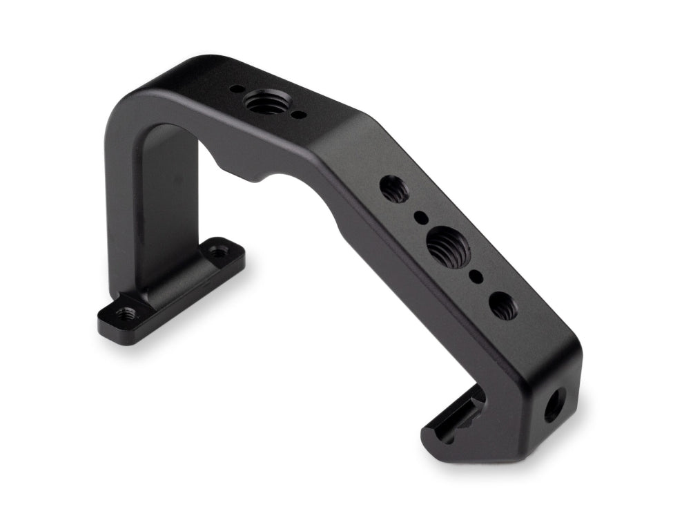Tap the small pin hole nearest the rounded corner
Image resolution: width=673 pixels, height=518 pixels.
coord(236,88)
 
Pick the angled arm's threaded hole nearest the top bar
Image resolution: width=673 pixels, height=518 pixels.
coord(394,187)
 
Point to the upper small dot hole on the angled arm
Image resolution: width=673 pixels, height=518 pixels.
coord(419,217)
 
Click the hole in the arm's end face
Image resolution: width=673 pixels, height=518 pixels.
coord(554,405)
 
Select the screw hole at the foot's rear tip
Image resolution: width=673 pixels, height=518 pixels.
coord(219,249)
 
